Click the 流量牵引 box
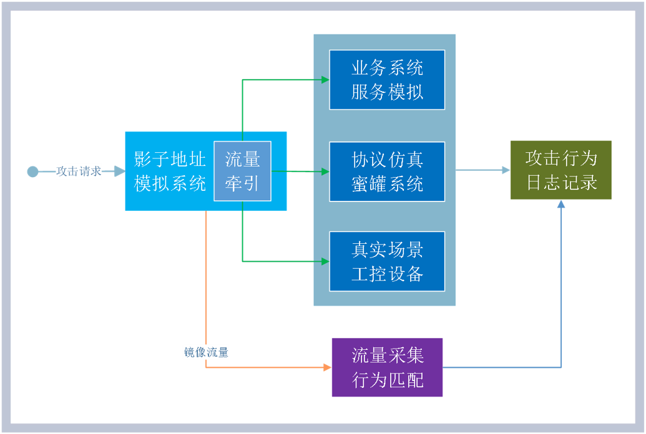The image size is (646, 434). [x=242, y=171]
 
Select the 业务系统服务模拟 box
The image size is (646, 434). [x=387, y=80]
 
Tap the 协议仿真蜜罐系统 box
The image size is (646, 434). [x=387, y=171]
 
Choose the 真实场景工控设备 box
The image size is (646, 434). [x=387, y=261]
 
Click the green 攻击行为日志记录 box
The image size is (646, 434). [x=560, y=170]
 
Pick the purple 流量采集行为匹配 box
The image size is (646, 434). [x=387, y=367]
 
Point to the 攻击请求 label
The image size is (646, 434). [x=79, y=171]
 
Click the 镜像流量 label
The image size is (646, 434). [x=206, y=352]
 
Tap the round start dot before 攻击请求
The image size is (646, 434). [x=32, y=171]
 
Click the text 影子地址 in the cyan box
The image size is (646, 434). [x=170, y=160]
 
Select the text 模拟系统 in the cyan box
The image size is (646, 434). [x=170, y=183]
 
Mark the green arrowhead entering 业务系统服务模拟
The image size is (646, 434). [x=325, y=80]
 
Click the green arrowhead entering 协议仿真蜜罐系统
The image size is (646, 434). [x=325, y=171]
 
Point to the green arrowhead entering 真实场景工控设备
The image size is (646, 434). [x=325, y=261]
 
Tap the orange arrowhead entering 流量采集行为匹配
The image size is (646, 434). [x=327, y=367]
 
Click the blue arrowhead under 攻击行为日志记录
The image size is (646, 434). [x=561, y=205]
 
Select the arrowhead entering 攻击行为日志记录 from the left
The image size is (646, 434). [x=506, y=170]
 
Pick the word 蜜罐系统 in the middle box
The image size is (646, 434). [x=387, y=184]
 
